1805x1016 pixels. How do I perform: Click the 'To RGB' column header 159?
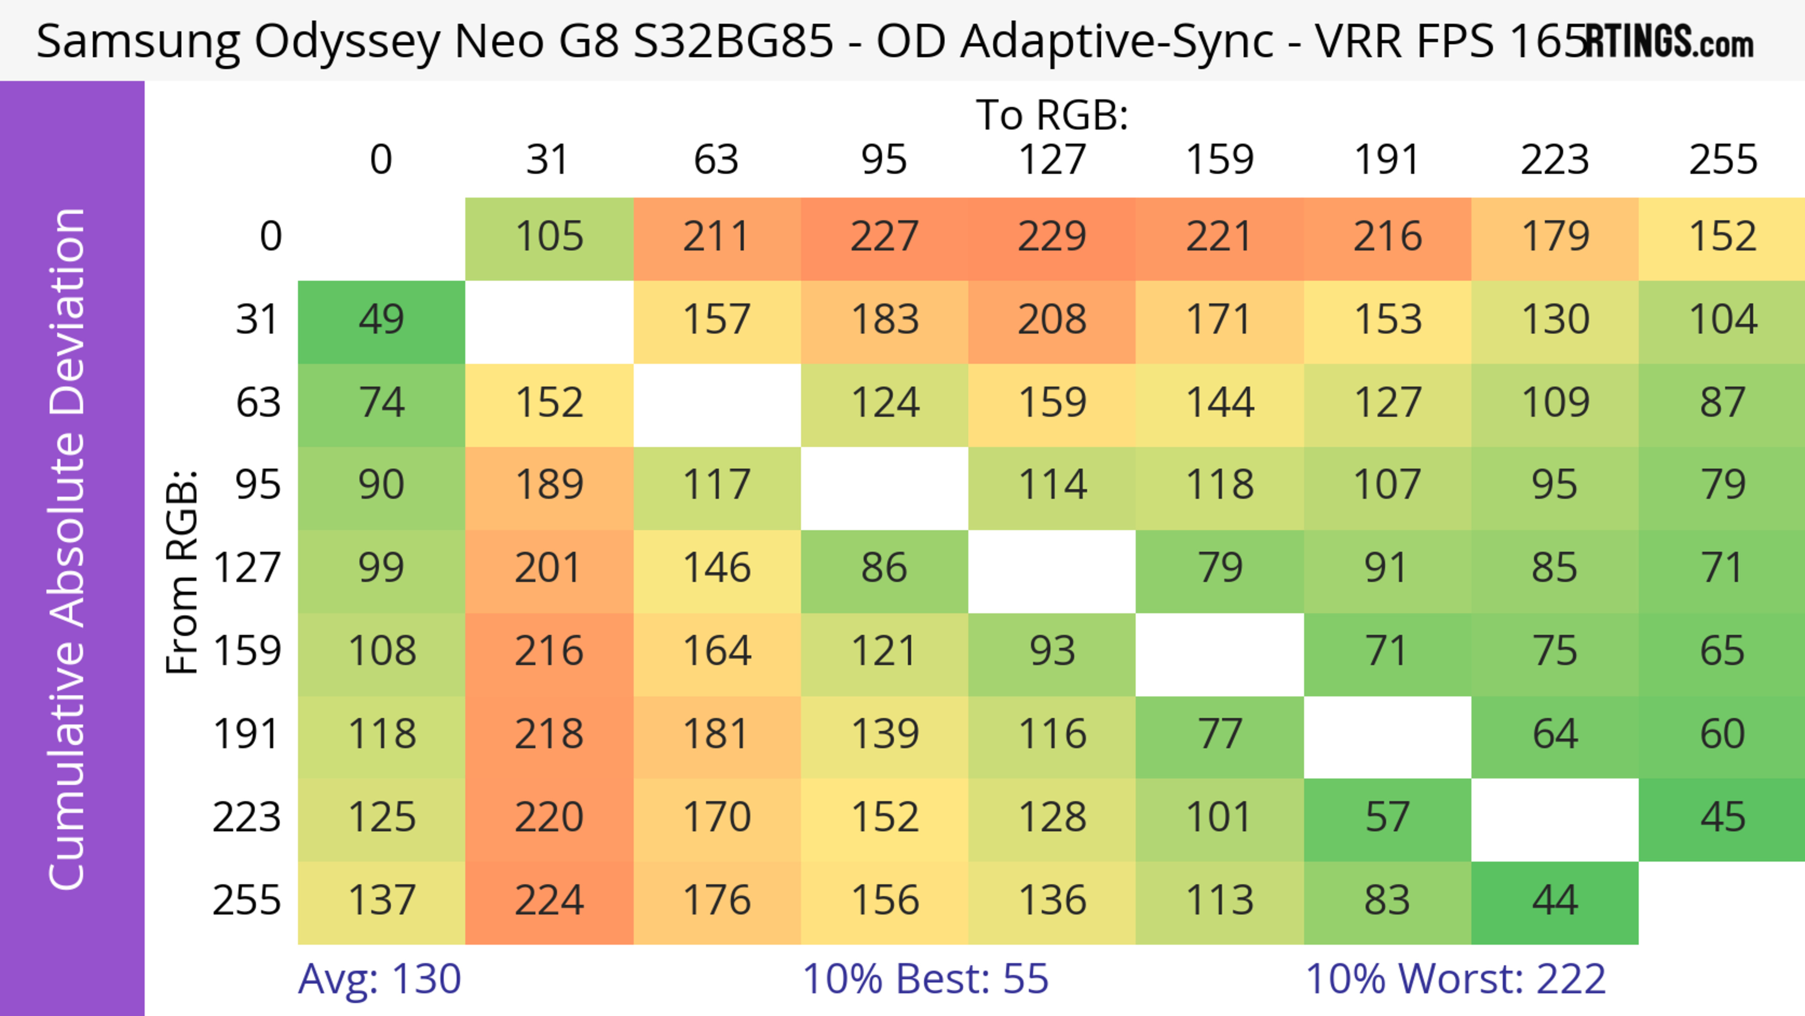point(1219,160)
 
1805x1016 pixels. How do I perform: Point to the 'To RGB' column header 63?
point(716,160)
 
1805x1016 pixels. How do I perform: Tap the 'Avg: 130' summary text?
point(379,979)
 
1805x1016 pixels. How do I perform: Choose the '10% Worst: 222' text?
point(1455,979)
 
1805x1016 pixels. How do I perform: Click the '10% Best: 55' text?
point(925,979)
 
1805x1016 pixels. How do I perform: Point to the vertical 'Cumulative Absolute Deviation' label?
point(68,549)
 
